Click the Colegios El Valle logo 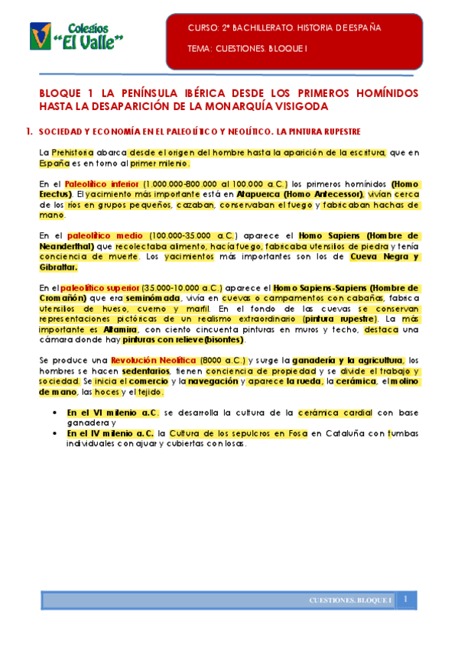click(x=77, y=35)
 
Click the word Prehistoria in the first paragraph click(x=73, y=153)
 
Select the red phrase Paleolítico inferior click(x=102, y=184)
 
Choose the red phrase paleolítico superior click(x=97, y=287)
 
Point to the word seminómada click(x=153, y=297)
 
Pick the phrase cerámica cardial click(x=335, y=412)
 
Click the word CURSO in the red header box click(x=203, y=28)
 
